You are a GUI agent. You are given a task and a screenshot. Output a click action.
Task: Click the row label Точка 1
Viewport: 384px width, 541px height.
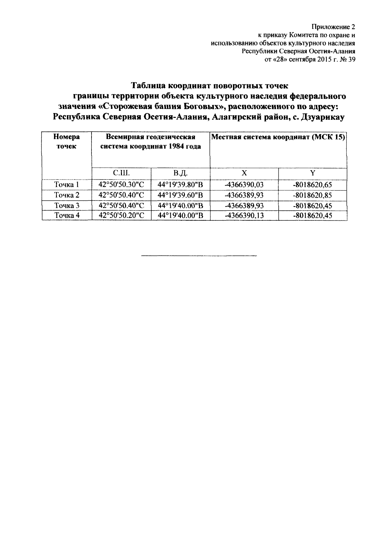66,185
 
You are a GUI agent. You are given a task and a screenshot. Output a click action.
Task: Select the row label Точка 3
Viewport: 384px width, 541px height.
66,205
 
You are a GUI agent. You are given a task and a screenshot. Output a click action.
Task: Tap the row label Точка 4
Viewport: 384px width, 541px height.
66,216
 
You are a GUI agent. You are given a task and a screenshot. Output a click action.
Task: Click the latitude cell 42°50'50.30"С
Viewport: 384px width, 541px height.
121,185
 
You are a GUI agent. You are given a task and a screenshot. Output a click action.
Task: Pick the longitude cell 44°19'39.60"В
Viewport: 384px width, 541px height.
180,195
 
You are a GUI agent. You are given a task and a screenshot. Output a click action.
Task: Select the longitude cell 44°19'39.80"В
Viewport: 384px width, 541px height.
180,185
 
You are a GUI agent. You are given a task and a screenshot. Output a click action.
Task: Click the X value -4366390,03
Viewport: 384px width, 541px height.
244,185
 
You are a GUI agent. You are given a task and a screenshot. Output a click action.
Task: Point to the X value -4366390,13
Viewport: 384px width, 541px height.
244,216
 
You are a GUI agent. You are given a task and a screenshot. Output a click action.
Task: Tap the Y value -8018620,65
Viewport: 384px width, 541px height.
313,185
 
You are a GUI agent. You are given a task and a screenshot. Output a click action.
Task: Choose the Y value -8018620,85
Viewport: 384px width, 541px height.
313,195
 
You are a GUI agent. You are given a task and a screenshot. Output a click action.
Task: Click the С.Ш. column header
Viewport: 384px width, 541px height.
121,173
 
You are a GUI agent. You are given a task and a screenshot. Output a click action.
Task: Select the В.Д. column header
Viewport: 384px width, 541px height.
180,173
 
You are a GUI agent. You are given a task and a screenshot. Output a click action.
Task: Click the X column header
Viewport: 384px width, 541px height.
244,173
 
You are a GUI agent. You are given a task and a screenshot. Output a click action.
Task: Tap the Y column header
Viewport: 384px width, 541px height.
313,173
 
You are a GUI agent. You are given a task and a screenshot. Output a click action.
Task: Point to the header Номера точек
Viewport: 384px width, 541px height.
66,142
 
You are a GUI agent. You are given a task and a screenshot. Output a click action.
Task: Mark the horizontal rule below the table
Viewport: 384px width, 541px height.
199,256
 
